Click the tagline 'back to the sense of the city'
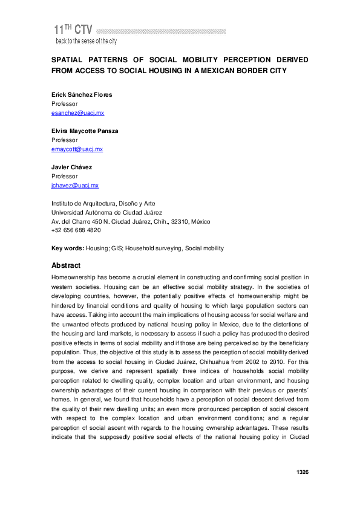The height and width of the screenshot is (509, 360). tap(86, 41)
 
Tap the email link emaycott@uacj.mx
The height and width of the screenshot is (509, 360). tap(77, 149)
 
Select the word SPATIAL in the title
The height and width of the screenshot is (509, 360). tap(69, 60)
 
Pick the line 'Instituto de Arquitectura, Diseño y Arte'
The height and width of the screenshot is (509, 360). tap(103, 204)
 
